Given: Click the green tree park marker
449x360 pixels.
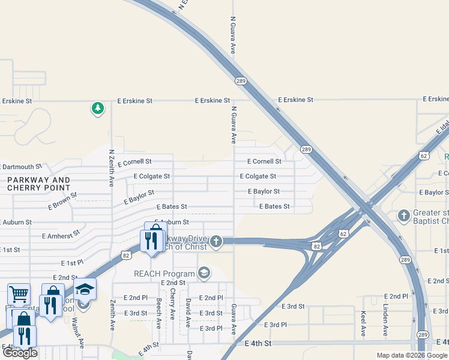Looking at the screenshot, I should click(97, 109).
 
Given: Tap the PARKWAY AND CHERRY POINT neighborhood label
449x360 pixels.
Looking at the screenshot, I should click(39, 184).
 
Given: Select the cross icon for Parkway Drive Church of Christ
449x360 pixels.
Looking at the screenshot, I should click(216, 242).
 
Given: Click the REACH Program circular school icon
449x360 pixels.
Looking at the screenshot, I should click(204, 274).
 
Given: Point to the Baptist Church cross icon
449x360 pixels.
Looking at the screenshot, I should click(404, 215).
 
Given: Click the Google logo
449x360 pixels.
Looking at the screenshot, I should click(20, 353).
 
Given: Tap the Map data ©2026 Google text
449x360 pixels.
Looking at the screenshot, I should click(411, 355).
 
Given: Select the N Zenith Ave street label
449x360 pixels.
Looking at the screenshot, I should click(112, 169).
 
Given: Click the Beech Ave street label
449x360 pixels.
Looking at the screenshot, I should click(159, 313).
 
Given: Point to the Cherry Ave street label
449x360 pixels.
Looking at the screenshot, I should click(173, 304).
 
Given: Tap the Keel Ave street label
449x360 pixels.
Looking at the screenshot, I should click(363, 323).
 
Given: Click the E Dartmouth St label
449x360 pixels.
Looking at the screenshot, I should click(21, 167).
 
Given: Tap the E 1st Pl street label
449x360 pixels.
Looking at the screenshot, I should click(72, 263).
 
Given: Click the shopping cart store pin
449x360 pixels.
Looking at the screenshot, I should click(19, 294).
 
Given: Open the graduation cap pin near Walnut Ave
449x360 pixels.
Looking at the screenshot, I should click(85, 289).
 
